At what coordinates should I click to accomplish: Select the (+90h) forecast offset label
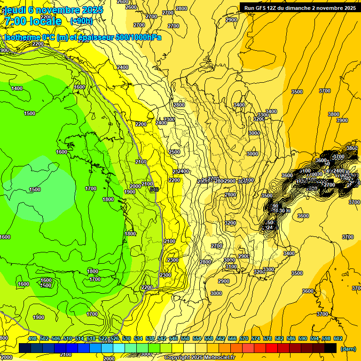pyautogui.click(x=81, y=21)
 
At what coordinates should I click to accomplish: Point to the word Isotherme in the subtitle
pyautogui.click(x=22, y=38)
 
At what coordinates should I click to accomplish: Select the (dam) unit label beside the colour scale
pyautogui.click(x=347, y=349)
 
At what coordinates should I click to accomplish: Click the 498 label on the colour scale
pyautogui.click(x=32, y=338)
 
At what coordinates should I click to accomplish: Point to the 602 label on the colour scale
pyautogui.click(x=338, y=338)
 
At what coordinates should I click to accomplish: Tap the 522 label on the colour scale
pyautogui.click(x=103, y=338)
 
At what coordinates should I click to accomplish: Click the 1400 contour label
pyautogui.click(x=17, y=88)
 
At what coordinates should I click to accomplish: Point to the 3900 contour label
pyautogui.click(x=342, y=120)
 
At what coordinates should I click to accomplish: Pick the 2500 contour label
pyautogui.click(x=174, y=152)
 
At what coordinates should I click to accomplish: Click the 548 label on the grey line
pyautogui.click(x=154, y=189)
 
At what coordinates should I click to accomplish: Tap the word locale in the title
pyautogui.click(x=45, y=21)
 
